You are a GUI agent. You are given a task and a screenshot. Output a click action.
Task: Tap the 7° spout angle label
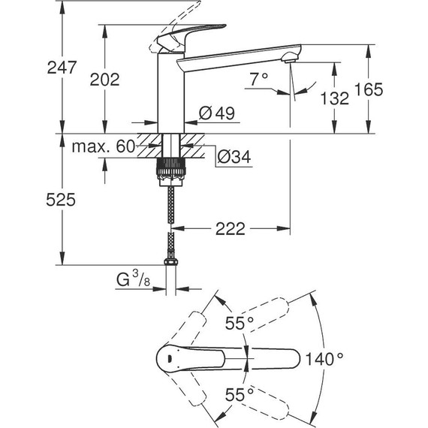point(259,78)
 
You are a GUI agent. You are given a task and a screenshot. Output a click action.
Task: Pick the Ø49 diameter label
point(218,113)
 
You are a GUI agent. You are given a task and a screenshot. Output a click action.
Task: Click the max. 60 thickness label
point(103,146)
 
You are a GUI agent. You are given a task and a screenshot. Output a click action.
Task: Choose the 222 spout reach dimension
point(229,229)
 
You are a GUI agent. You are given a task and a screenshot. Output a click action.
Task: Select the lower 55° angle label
point(240,393)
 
